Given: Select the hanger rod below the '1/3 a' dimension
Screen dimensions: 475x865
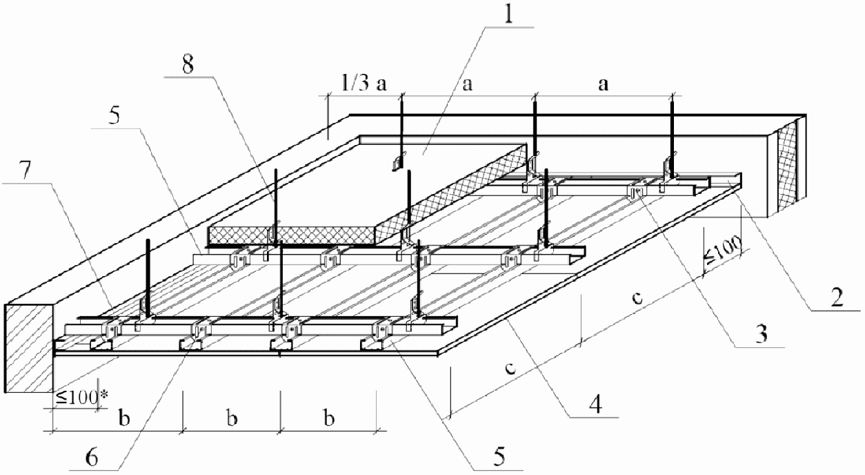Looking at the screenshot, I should (x=401, y=128).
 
